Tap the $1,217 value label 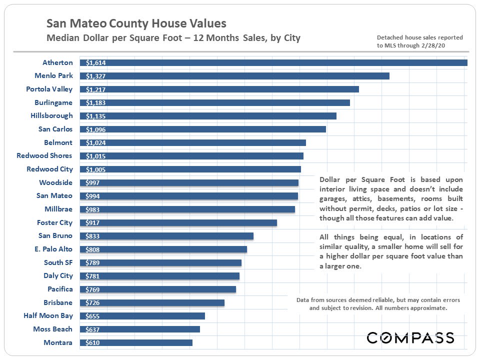95,89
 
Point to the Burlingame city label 53,102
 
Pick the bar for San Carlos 205,129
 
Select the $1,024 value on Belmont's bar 95,142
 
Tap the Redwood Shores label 44,155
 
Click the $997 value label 93,182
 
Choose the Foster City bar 180,222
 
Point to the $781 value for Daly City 93,276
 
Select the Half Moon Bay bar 144,316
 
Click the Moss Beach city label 53,329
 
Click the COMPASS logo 410,337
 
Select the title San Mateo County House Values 136,23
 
